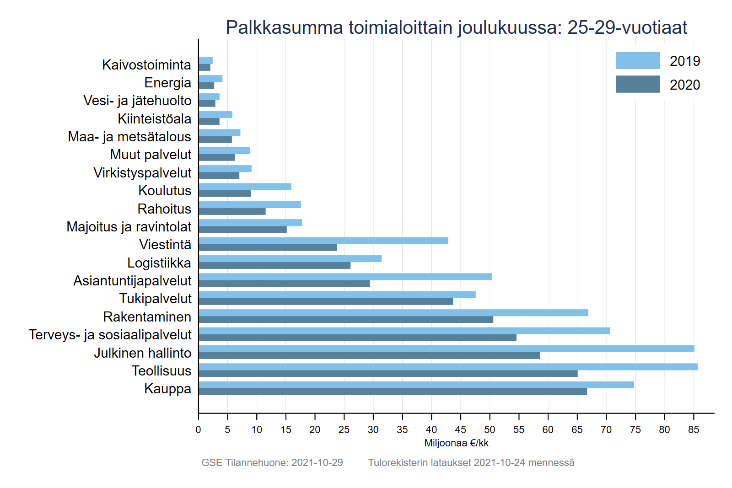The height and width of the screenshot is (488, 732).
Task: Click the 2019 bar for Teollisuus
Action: (448, 367)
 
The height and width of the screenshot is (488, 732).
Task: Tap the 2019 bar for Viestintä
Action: (323, 241)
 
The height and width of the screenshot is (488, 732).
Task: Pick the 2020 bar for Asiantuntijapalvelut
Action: (284, 284)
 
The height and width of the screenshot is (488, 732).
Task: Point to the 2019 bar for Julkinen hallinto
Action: (447, 349)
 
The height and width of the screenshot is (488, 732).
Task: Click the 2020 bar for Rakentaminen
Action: (346, 320)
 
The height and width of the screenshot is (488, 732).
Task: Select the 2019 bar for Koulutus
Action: (245, 187)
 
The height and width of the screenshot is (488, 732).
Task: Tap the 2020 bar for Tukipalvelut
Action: (326, 301)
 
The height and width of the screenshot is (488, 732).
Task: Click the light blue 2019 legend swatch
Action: (637, 60)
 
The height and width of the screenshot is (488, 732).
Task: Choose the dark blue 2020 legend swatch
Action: (637, 84)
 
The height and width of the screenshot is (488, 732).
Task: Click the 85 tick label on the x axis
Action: (694, 429)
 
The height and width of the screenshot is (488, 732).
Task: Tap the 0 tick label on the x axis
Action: (198, 429)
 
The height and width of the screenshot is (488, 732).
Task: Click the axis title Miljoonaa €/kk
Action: (456, 443)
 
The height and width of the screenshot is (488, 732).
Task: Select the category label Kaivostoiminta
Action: (146, 64)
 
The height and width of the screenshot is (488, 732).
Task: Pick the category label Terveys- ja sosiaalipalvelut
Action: (110, 334)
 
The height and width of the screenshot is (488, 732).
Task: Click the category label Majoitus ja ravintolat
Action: (129, 226)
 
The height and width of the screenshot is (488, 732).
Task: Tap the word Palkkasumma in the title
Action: (284, 27)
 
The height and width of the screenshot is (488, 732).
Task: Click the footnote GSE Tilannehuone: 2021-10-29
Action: (272, 462)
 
